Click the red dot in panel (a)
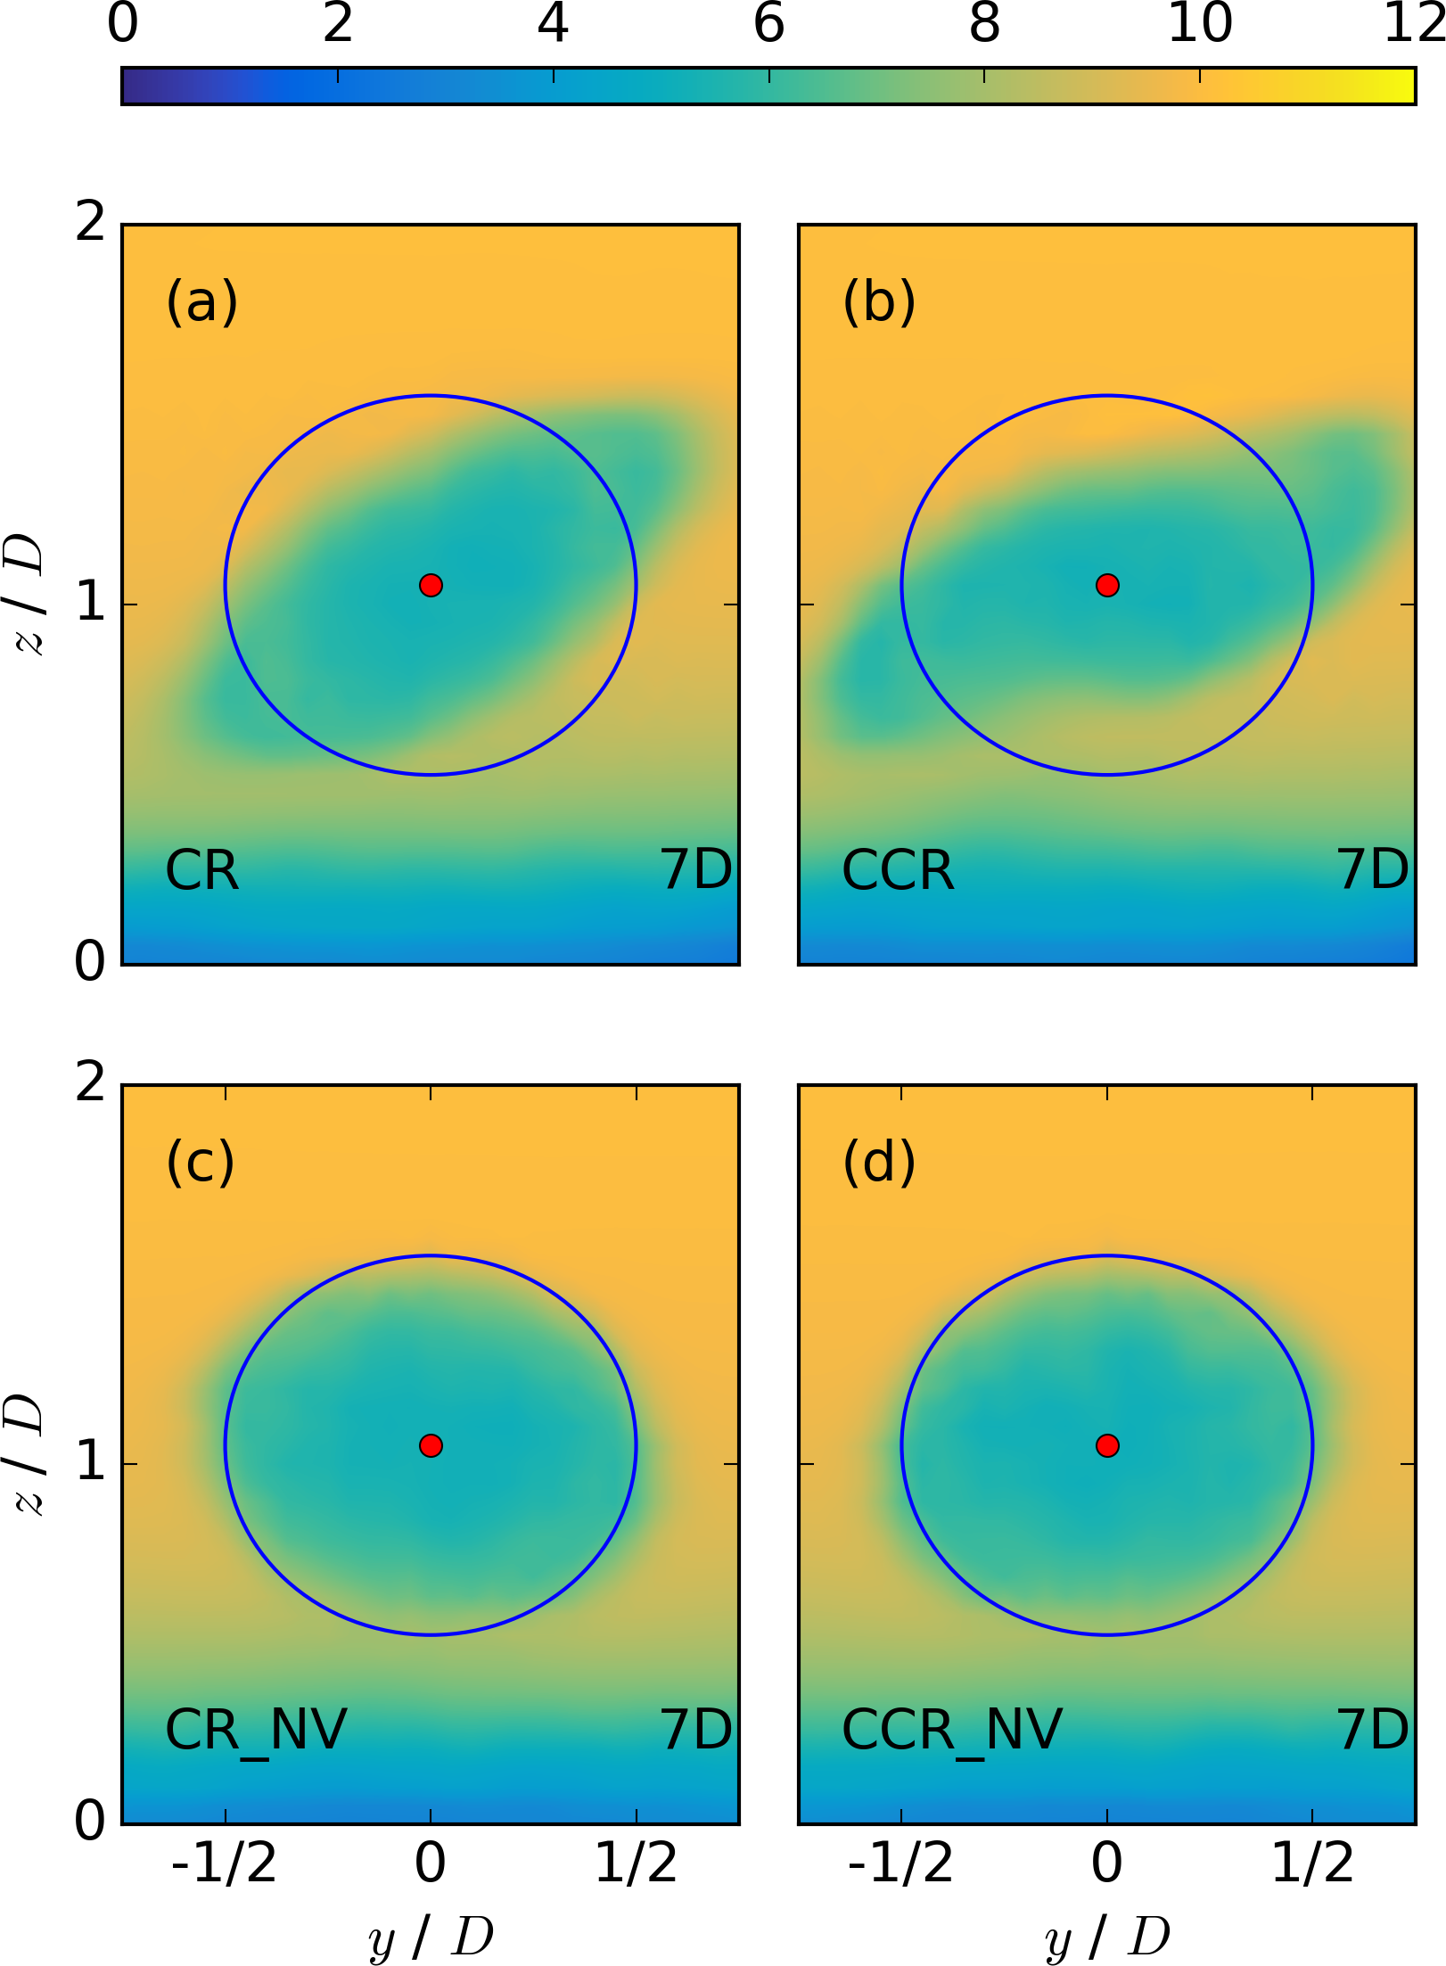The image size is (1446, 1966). click(x=431, y=585)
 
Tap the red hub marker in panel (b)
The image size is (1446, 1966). click(x=1107, y=585)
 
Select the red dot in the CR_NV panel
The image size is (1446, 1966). click(x=431, y=1445)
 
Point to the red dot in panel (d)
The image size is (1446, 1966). click(x=1107, y=1445)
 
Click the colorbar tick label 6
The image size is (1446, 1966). click(x=768, y=24)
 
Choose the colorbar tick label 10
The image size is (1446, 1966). click(x=1199, y=24)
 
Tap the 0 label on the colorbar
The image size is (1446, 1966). click(x=123, y=24)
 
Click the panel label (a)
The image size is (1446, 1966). click(x=202, y=301)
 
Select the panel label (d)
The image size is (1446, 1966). click(x=879, y=1162)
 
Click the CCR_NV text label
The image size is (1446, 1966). click(x=951, y=1731)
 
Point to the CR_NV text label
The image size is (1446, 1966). click(x=256, y=1731)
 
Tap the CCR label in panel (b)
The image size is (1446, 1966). click(x=898, y=870)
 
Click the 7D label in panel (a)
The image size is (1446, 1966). click(x=696, y=870)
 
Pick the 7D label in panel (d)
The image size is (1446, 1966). click(x=1373, y=1731)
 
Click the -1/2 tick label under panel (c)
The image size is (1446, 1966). click(x=224, y=1863)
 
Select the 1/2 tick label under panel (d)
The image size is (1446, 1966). click(x=1312, y=1863)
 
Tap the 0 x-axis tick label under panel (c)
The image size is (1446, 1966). click(x=431, y=1863)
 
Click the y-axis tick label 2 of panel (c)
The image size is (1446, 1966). click(x=90, y=1083)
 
